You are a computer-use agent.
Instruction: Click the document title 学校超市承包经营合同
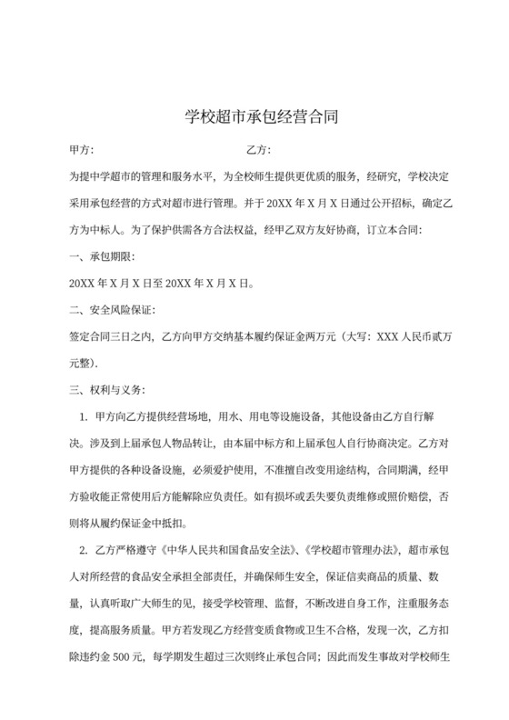[254, 117]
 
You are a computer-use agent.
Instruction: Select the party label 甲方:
[82, 149]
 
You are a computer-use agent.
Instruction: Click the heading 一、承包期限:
[103, 256]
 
